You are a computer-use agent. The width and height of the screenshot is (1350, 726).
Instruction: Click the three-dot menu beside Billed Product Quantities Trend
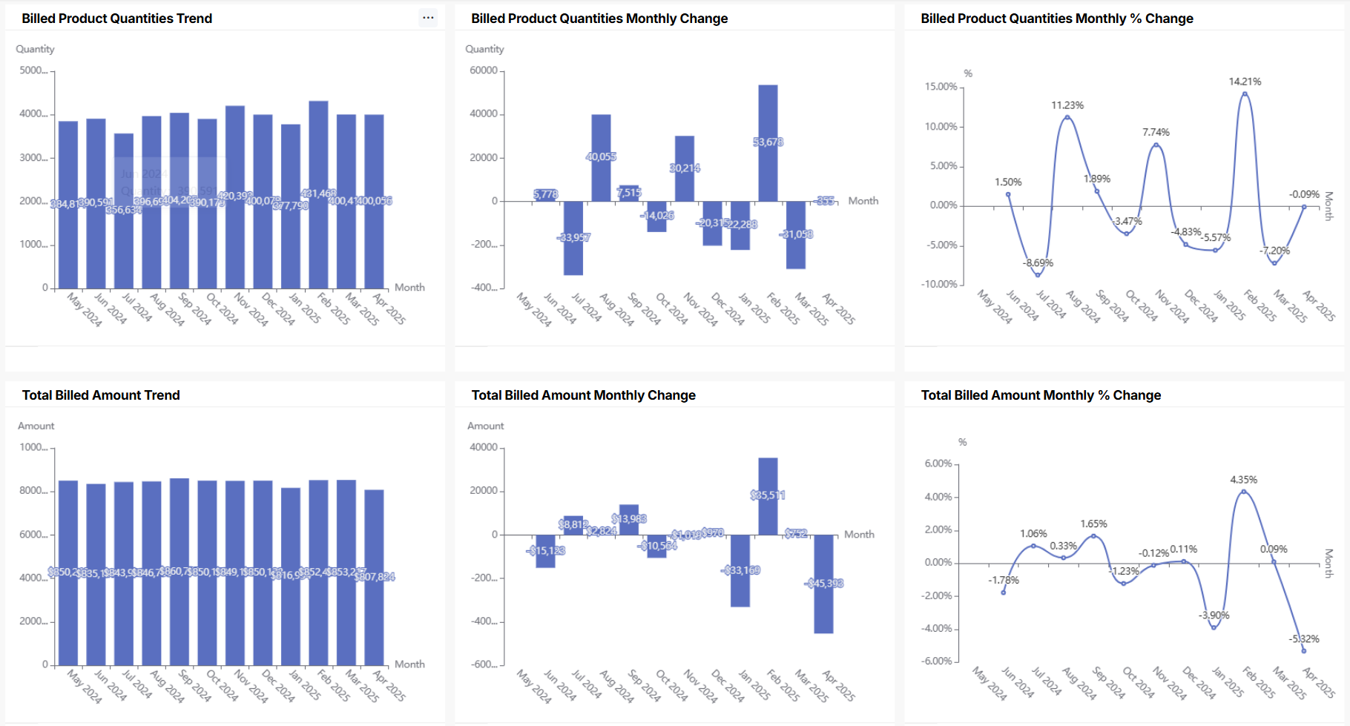tap(428, 18)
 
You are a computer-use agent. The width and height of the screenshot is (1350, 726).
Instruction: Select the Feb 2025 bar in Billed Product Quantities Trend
tap(318, 222)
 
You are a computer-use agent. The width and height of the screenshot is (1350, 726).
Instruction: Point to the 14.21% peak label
tap(1245, 82)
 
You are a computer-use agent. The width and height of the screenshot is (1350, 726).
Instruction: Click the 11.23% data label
tap(1067, 105)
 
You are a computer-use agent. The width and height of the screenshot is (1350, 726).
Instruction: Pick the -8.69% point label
tap(1038, 263)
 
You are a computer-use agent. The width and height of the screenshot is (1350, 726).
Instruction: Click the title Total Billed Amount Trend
tap(101, 395)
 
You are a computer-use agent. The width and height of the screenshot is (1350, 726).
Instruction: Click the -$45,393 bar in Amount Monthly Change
tap(823, 593)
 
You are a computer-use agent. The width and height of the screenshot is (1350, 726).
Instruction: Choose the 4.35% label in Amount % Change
tap(1243, 480)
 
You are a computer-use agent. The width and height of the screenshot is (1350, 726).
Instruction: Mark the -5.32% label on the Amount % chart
tap(1303, 638)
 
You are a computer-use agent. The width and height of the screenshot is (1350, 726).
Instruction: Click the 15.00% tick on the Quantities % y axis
tap(941, 87)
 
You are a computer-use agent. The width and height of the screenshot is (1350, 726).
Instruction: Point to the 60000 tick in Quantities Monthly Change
tap(484, 70)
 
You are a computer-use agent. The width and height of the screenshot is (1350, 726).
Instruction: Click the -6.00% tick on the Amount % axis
tap(938, 661)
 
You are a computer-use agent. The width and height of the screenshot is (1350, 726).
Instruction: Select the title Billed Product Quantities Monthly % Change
tap(1056, 19)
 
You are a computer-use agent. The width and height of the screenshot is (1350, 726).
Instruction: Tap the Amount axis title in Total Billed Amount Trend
tap(36, 426)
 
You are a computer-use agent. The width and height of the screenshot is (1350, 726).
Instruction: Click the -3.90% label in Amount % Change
tap(1214, 616)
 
